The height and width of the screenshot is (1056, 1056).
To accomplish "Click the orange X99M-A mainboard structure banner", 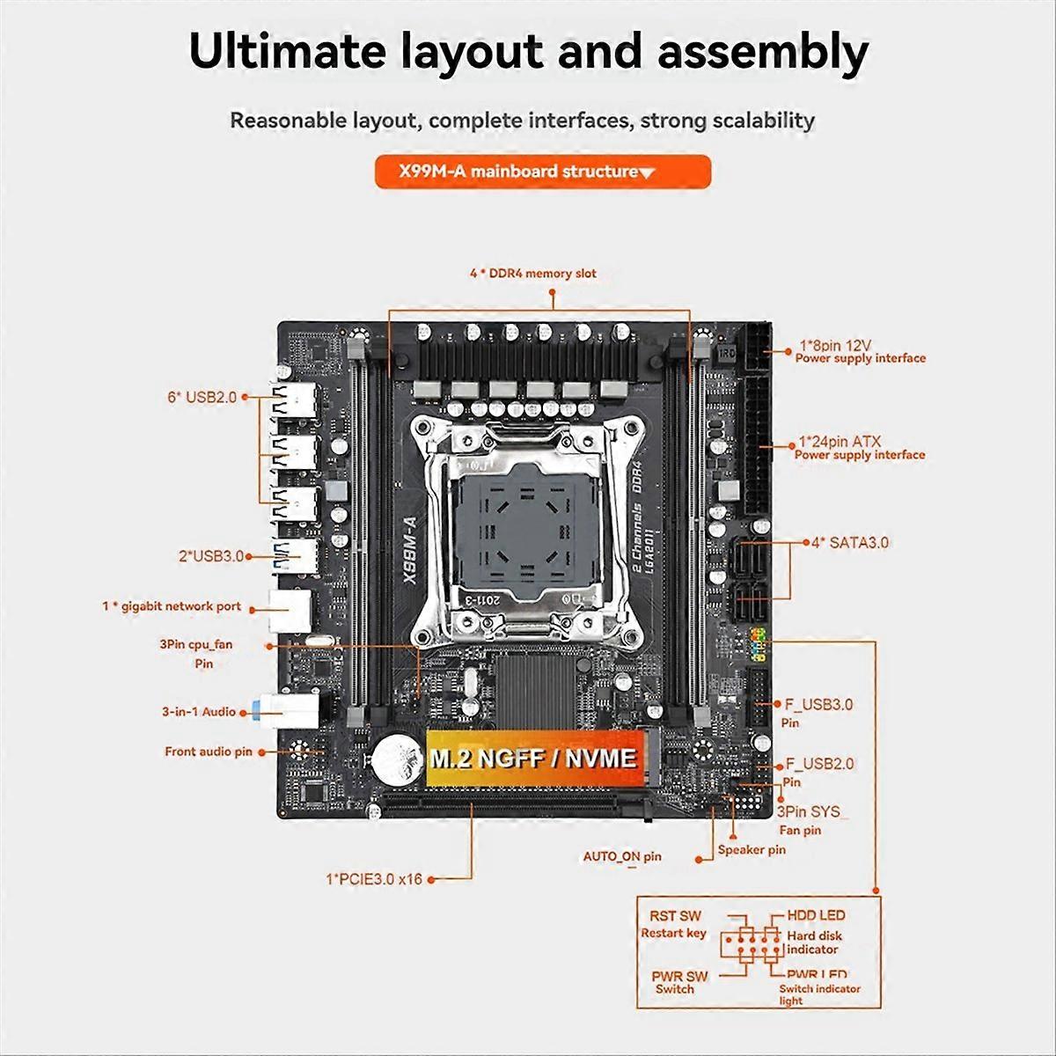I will (x=542, y=172).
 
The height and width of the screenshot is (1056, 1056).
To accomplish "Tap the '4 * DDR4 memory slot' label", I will (x=532, y=274).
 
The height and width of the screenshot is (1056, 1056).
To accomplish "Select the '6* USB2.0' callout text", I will (x=202, y=397).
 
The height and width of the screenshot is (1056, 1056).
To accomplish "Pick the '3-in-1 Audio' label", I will (x=198, y=711).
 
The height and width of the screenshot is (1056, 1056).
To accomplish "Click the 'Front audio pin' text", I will (x=208, y=752).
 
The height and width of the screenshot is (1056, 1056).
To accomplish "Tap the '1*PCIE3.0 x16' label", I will (x=374, y=878).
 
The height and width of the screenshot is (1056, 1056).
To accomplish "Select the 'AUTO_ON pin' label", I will (x=622, y=856).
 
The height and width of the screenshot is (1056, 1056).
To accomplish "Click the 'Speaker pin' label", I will (x=752, y=849).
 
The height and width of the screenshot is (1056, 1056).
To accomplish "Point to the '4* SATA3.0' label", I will (x=849, y=542).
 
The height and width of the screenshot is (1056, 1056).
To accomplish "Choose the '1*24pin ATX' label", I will (x=840, y=441).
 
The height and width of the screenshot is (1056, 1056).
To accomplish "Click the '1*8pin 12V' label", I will (x=835, y=345).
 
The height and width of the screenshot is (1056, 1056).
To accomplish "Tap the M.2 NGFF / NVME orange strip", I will (x=532, y=759).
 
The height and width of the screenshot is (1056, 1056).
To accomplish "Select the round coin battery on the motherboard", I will (x=392, y=757).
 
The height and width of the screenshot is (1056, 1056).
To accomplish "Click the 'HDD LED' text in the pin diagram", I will (x=815, y=916).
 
